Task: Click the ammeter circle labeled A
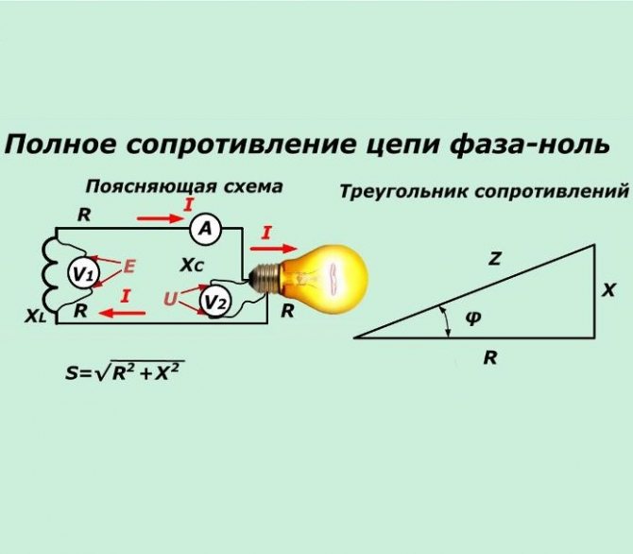click(x=206, y=228)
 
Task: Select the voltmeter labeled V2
click(x=215, y=302)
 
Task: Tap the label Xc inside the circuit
click(x=192, y=267)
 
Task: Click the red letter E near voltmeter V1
click(x=129, y=267)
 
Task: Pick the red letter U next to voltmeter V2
click(x=170, y=299)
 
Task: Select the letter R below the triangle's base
click(x=489, y=358)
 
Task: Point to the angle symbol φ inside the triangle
click(x=473, y=320)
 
